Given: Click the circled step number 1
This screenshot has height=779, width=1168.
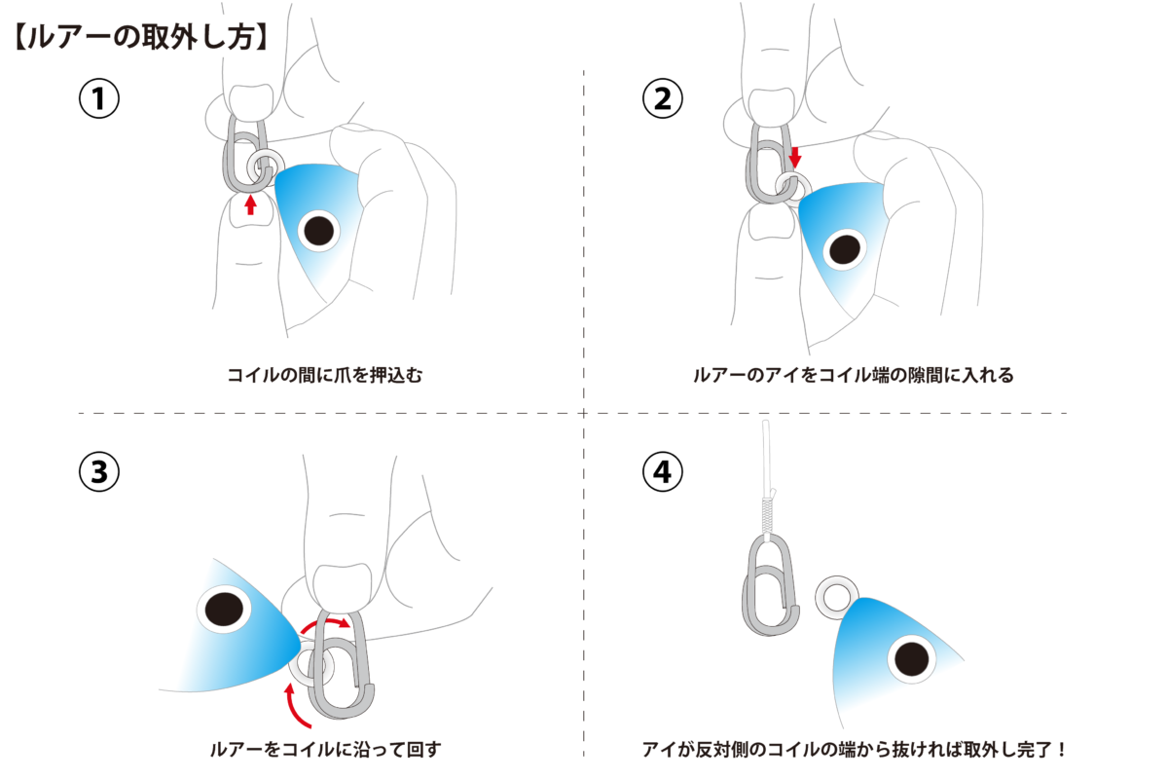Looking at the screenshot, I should pos(98,98).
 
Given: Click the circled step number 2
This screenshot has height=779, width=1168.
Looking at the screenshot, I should pos(663,98).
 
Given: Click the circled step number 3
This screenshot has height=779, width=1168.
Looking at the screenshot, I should pos(98,471).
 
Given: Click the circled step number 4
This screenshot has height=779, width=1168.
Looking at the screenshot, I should pos(663,471).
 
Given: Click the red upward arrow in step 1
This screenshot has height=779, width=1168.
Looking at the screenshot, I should pos(250,204).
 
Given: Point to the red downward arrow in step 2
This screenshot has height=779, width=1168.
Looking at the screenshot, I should pos(794,156).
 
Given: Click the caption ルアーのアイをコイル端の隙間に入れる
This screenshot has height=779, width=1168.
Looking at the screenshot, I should pos(853,375).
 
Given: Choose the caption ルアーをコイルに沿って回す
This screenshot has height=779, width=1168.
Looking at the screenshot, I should pos(325,749).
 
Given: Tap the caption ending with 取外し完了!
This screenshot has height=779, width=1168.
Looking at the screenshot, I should pos(855,749).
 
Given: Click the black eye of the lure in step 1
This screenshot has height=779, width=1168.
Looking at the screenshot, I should pos(317,231).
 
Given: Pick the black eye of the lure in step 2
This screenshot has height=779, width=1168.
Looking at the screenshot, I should pos(843,248).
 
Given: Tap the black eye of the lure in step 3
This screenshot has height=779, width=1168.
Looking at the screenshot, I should pos(225,609).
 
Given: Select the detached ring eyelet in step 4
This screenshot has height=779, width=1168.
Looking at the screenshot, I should pos(835,595).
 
